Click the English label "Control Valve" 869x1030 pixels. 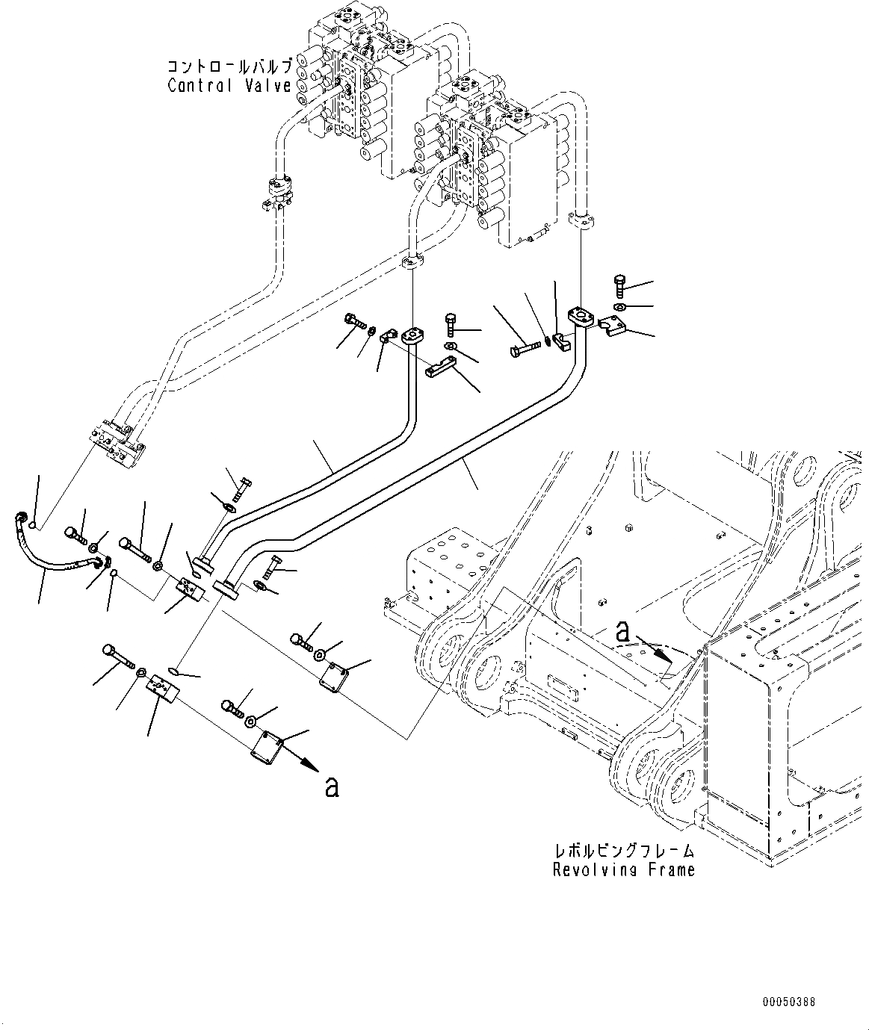click(x=229, y=86)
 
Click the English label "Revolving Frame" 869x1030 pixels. click(x=624, y=869)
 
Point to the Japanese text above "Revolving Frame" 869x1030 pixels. click(x=624, y=851)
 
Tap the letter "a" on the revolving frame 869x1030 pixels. click(x=623, y=633)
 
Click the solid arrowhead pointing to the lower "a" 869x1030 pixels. click(x=308, y=765)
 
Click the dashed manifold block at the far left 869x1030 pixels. click(x=117, y=446)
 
